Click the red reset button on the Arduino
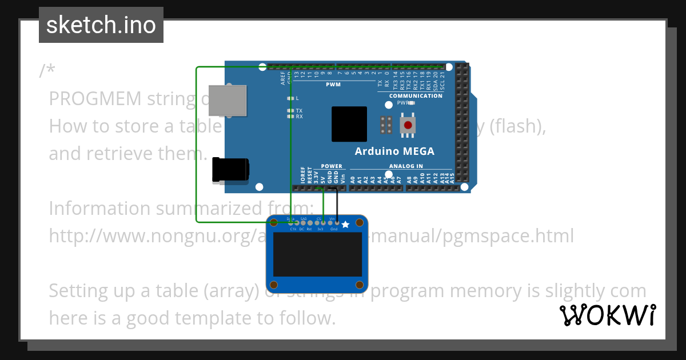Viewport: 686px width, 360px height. (407, 125)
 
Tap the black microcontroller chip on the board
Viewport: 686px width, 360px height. (349, 124)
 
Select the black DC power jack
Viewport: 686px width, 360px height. (230, 170)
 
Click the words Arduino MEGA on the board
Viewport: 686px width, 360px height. (394, 151)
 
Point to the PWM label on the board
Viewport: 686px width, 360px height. (333, 85)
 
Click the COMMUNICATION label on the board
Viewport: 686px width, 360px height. (416, 96)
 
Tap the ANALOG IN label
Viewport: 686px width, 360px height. (406, 166)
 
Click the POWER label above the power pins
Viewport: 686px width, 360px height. (332, 166)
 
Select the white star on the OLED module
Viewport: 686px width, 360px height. (345, 225)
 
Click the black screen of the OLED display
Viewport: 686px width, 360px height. (317, 254)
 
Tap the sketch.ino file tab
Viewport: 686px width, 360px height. (101, 25)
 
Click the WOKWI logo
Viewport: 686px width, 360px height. (608, 315)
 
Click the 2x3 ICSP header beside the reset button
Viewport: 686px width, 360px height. (386, 125)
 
